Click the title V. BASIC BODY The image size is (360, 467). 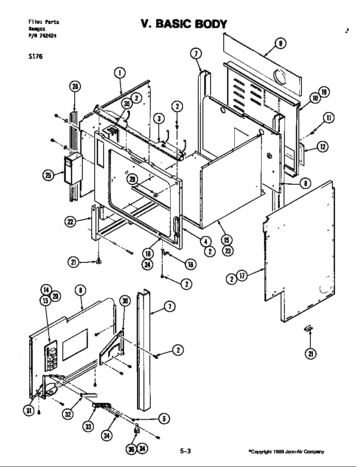click(184, 24)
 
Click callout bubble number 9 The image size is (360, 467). click(280, 43)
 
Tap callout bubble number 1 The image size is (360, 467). click(120, 73)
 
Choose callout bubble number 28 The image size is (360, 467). click(75, 87)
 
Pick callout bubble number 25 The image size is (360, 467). click(48, 175)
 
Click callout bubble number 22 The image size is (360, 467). click(71, 221)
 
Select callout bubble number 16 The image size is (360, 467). click(190, 264)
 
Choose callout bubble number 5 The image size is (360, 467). click(163, 419)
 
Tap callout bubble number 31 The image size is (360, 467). click(28, 410)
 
